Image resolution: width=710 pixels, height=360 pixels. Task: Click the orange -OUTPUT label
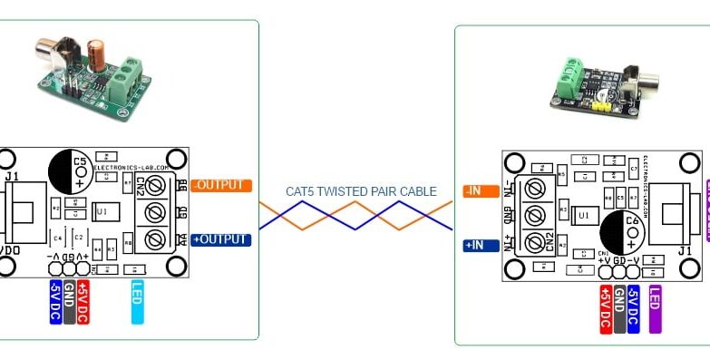[x=221, y=185]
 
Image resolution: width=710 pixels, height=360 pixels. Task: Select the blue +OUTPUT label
[x=221, y=239]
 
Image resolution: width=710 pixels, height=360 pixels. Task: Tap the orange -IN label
[x=478, y=190]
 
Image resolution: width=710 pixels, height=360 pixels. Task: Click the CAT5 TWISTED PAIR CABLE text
[x=361, y=191]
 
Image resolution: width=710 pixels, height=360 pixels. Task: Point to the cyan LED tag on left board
[x=137, y=301]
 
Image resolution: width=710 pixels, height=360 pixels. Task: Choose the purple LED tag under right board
[x=653, y=308]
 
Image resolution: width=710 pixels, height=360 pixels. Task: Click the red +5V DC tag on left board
[x=83, y=301]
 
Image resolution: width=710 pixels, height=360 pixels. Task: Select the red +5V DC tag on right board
[x=606, y=308]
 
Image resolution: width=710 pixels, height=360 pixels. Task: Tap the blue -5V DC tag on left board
[x=54, y=301]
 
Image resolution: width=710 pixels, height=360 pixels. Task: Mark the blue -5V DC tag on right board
[x=633, y=308]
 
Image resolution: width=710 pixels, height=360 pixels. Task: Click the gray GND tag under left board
[x=69, y=301]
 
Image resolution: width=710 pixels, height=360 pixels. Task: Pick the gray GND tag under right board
[x=619, y=308]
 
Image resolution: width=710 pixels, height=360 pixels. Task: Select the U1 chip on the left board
[x=102, y=211]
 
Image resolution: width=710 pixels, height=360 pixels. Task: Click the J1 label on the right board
[x=686, y=250]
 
